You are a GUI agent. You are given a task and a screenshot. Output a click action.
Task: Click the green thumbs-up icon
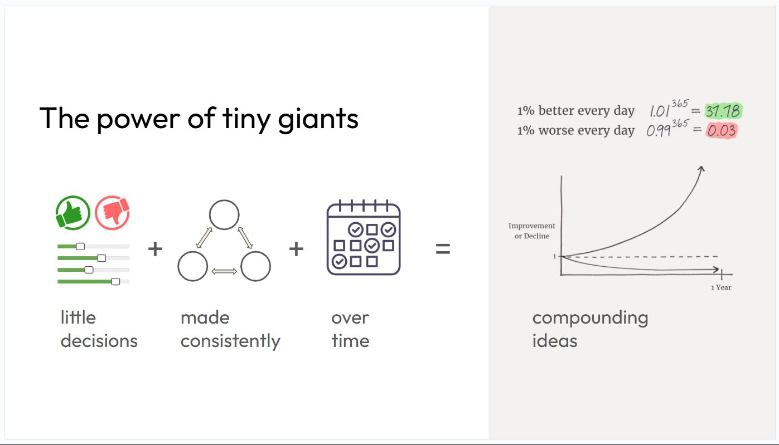(73, 213)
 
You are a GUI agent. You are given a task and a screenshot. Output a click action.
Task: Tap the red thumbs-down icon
(112, 213)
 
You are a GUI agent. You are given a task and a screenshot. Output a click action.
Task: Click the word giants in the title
(318, 120)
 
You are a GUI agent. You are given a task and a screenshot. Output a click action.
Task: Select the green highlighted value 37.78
(723, 111)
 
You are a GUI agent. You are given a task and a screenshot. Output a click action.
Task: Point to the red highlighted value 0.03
(722, 131)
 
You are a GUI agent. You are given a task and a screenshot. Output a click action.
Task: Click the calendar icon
(364, 237)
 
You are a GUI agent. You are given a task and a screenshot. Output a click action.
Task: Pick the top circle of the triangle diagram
(224, 214)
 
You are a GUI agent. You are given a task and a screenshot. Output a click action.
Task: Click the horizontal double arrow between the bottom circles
(224, 271)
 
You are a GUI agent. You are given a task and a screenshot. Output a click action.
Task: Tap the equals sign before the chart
(443, 249)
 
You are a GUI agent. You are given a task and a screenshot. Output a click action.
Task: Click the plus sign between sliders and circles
(155, 249)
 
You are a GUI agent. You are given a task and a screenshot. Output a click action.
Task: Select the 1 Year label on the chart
(721, 287)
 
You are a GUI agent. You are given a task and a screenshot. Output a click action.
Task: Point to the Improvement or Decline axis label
(532, 231)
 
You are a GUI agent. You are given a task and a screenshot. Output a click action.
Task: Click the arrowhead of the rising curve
(701, 169)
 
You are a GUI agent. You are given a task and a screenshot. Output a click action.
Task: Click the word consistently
(230, 341)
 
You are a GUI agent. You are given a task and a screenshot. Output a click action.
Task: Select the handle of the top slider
(80, 246)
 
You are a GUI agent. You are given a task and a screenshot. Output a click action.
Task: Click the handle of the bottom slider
(115, 281)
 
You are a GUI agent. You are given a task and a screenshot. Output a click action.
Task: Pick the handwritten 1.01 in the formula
(659, 111)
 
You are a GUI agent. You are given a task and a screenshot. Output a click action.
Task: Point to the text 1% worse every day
(575, 131)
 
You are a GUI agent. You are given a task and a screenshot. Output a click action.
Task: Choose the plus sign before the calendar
(296, 249)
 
